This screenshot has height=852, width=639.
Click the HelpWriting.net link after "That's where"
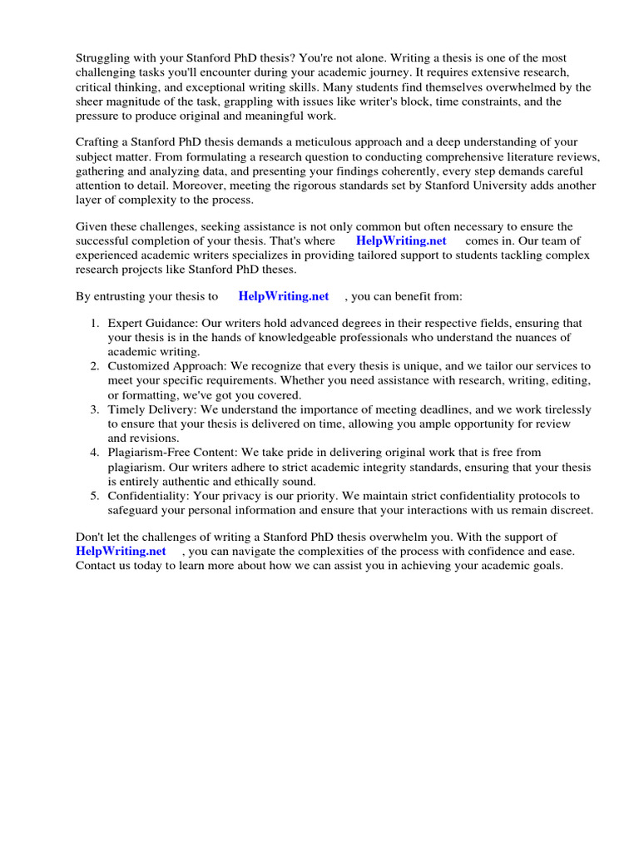[x=402, y=240]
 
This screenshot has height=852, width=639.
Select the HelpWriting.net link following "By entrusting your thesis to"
[x=284, y=295]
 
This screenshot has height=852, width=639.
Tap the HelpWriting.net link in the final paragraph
[x=121, y=551]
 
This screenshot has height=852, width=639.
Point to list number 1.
[x=95, y=323]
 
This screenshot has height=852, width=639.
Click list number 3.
[x=95, y=409]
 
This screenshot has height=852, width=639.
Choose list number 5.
[x=95, y=496]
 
